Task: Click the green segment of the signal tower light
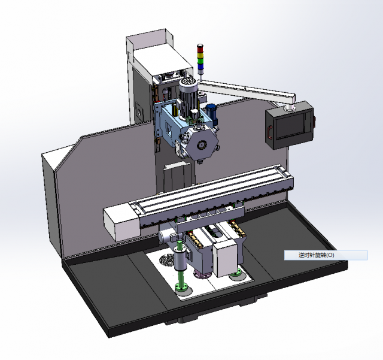point(200,60)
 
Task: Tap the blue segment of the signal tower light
point(200,65)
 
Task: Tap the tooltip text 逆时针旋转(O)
point(317,255)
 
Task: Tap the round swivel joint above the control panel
point(290,108)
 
